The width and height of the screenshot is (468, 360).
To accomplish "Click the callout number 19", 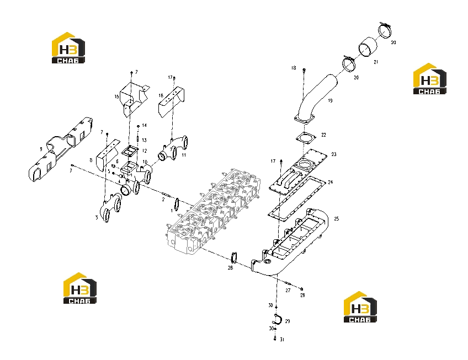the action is click(330, 100).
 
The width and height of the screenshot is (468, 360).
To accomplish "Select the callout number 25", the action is click(337, 219).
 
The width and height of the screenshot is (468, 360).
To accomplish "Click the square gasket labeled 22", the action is click(306, 137).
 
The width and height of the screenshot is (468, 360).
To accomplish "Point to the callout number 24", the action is click(330, 182).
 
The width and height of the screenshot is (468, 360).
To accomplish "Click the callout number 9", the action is click(41, 149).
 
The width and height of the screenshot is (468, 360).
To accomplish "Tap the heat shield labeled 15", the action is click(134, 99).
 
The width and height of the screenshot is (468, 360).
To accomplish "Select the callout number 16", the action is click(161, 96).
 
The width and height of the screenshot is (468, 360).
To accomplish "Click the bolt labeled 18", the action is click(304, 71).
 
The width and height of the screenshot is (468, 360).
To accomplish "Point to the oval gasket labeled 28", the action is click(234, 258).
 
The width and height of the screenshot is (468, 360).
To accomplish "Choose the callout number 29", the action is click(288, 321).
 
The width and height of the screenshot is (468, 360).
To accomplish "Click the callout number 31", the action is click(282, 340).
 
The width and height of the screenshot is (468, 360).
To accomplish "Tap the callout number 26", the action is click(302, 295).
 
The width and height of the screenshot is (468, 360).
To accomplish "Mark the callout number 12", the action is click(145, 151).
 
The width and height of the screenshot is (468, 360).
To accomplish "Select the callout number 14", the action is click(145, 125).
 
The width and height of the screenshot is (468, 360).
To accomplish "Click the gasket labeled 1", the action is click(177, 204).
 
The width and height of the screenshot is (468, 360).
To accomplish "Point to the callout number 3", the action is click(97, 217).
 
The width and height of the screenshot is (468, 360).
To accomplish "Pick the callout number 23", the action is click(334, 154).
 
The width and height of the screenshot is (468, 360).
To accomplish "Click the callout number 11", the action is click(184, 155).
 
